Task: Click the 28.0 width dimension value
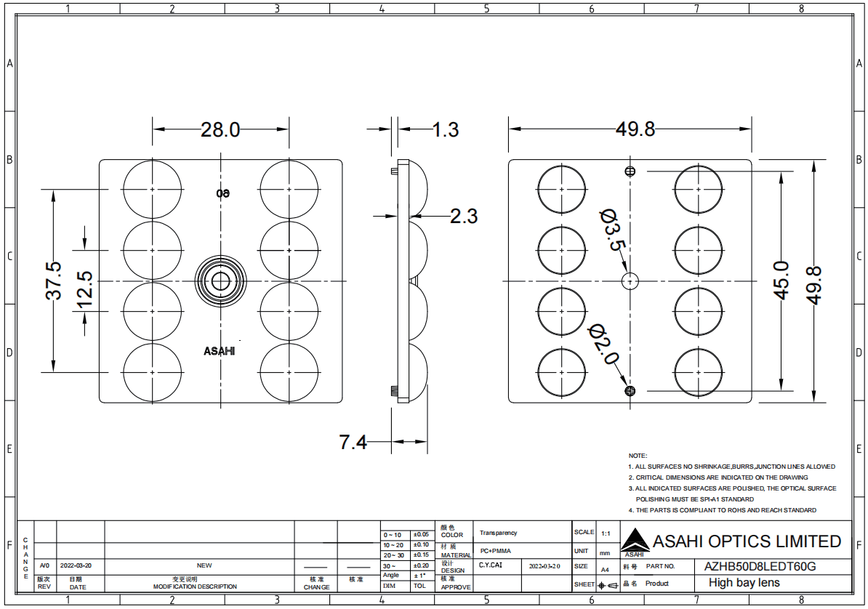coord(220,129)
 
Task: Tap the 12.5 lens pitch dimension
coord(85,289)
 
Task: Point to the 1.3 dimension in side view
coord(446,129)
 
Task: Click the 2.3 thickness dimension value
coord(464,216)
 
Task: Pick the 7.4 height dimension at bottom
coord(353,442)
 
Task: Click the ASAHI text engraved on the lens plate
coord(219,351)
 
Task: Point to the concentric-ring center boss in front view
coord(220,281)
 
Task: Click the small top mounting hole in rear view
coord(630,172)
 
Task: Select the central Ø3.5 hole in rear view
coord(630,281)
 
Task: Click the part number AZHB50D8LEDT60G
coord(760,565)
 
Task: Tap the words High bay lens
coord(744,583)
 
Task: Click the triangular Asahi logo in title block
coord(630,540)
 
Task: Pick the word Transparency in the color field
coord(498,533)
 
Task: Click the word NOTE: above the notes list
coord(638,455)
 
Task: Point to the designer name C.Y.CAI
coord(490,565)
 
